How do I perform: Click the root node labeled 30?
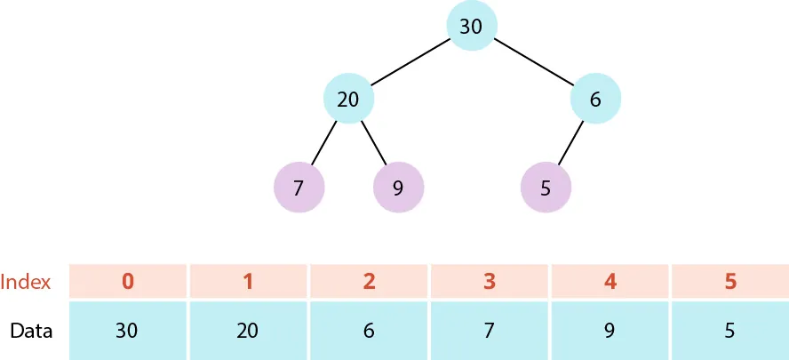click(x=471, y=26)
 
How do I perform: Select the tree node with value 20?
click(x=348, y=99)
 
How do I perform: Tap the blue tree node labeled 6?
click(x=594, y=99)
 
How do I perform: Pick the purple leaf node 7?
click(x=299, y=188)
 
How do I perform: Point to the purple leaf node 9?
click(x=398, y=188)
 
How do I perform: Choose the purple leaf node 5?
click(x=545, y=188)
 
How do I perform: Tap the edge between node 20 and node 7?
click(x=324, y=142)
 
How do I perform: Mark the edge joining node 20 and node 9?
click(x=373, y=143)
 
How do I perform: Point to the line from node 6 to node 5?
click(x=570, y=142)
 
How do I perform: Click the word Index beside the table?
click(x=25, y=282)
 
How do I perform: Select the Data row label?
click(x=31, y=331)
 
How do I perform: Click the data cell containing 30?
click(x=128, y=331)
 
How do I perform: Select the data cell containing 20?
click(x=248, y=331)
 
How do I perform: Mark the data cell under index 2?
click(x=369, y=331)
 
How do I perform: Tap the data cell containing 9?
click(x=610, y=331)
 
